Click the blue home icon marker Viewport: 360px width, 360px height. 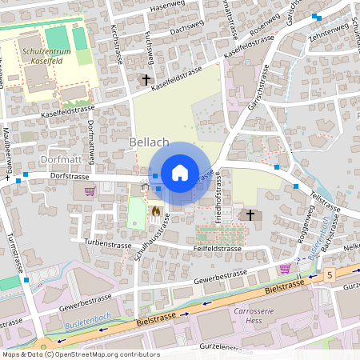[180, 173]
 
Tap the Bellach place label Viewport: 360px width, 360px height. [148, 142]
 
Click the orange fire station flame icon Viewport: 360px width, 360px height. [154, 211]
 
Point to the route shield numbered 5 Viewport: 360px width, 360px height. [329, 274]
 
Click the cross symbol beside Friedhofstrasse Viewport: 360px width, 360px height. [250, 214]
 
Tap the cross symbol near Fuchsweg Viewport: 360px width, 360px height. [146, 79]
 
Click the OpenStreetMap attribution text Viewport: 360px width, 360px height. [80, 354]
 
